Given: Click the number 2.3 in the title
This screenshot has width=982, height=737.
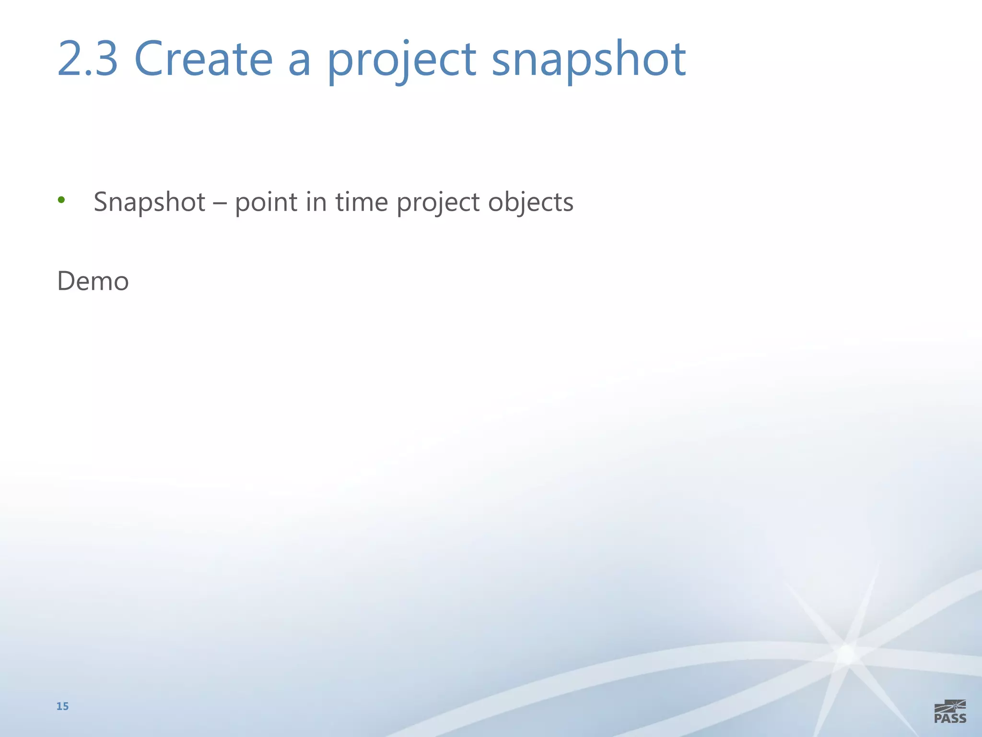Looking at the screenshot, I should point(88,59).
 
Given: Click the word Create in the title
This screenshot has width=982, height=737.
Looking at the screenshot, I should point(203,59).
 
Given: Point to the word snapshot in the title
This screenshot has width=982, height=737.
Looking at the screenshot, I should point(589,59).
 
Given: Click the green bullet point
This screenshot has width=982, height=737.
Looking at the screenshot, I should point(61,200).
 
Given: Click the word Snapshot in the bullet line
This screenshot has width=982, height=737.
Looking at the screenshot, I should point(150,202).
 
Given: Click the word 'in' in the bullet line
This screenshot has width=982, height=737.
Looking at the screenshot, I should point(316,202).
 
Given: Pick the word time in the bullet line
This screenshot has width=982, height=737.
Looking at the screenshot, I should point(362,202).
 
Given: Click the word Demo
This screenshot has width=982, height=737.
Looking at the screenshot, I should point(93,281).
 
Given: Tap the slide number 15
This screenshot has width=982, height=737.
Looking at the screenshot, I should point(62,706).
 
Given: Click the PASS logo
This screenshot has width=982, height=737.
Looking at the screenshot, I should point(950,712).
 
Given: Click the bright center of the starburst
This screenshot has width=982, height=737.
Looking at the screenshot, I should point(847,654).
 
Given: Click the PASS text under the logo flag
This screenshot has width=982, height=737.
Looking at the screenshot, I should point(950,718).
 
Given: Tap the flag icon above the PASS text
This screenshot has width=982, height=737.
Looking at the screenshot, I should point(951,706).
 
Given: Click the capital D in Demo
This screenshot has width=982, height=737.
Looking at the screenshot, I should point(66,281).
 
